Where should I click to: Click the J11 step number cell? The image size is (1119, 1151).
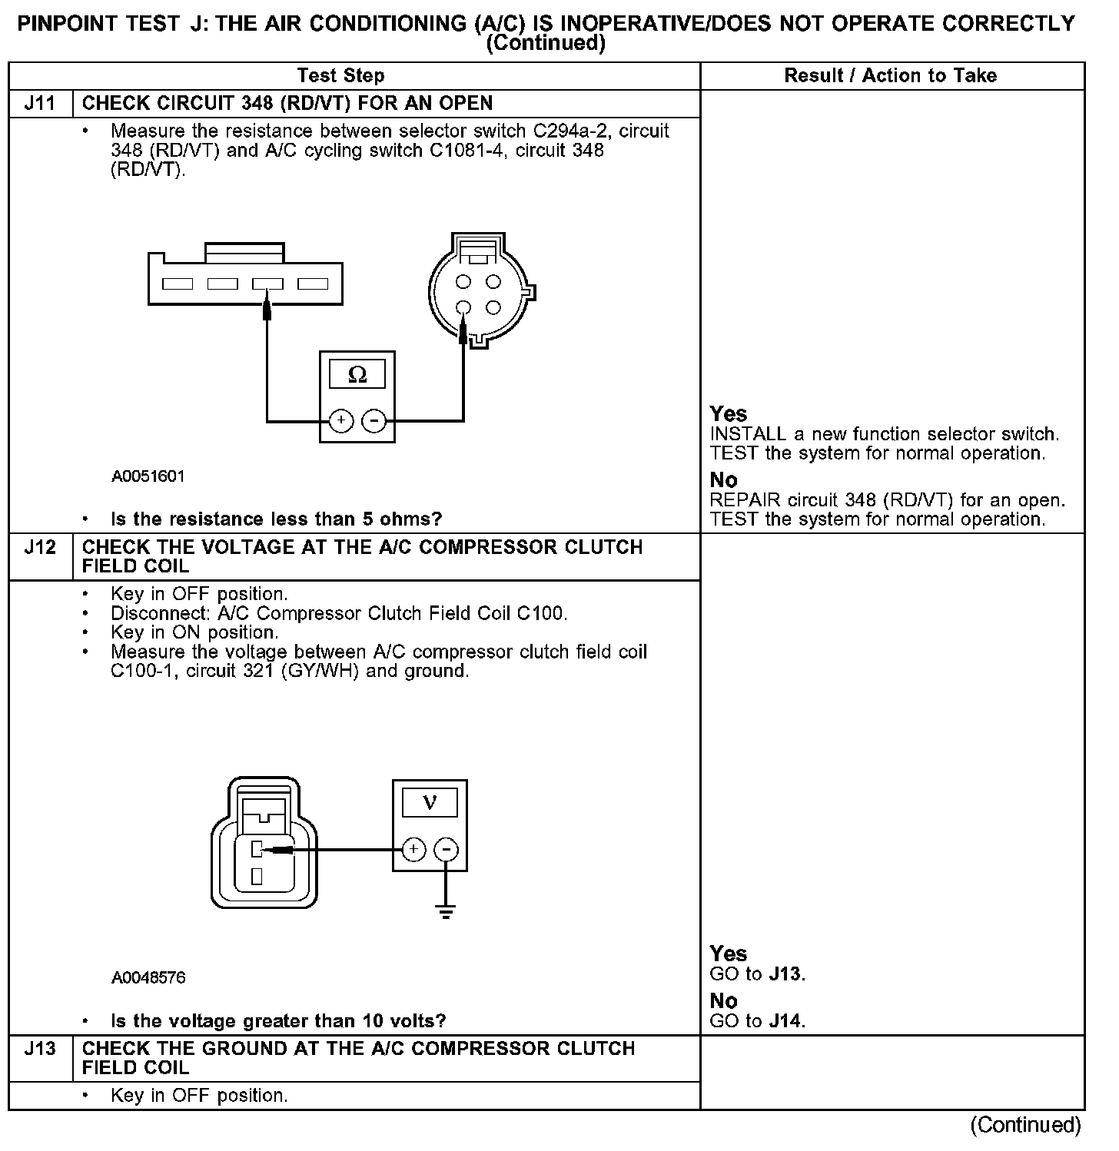(40, 104)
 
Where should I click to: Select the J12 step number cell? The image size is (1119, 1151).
(40, 548)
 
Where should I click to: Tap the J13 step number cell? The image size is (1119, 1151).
(40, 1050)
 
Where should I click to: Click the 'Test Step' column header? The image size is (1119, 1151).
(340, 75)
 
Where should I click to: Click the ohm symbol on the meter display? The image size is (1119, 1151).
(357, 375)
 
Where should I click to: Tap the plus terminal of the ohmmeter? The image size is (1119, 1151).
(341, 421)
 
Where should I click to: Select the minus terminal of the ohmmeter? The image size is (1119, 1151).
(374, 421)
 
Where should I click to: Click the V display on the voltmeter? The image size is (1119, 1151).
(430, 803)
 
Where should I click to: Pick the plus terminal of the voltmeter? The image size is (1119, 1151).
(413, 850)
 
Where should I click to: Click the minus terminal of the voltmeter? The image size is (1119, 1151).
(447, 850)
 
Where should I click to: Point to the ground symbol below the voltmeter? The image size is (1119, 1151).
(446, 912)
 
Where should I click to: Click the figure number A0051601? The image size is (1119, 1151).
(148, 476)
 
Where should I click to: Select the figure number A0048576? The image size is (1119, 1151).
(148, 978)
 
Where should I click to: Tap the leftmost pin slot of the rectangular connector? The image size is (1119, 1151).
(178, 284)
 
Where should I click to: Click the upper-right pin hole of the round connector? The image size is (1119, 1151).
(493, 282)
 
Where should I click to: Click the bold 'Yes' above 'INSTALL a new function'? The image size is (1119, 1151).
(729, 414)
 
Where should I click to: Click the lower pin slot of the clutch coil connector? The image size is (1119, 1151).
(257, 875)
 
